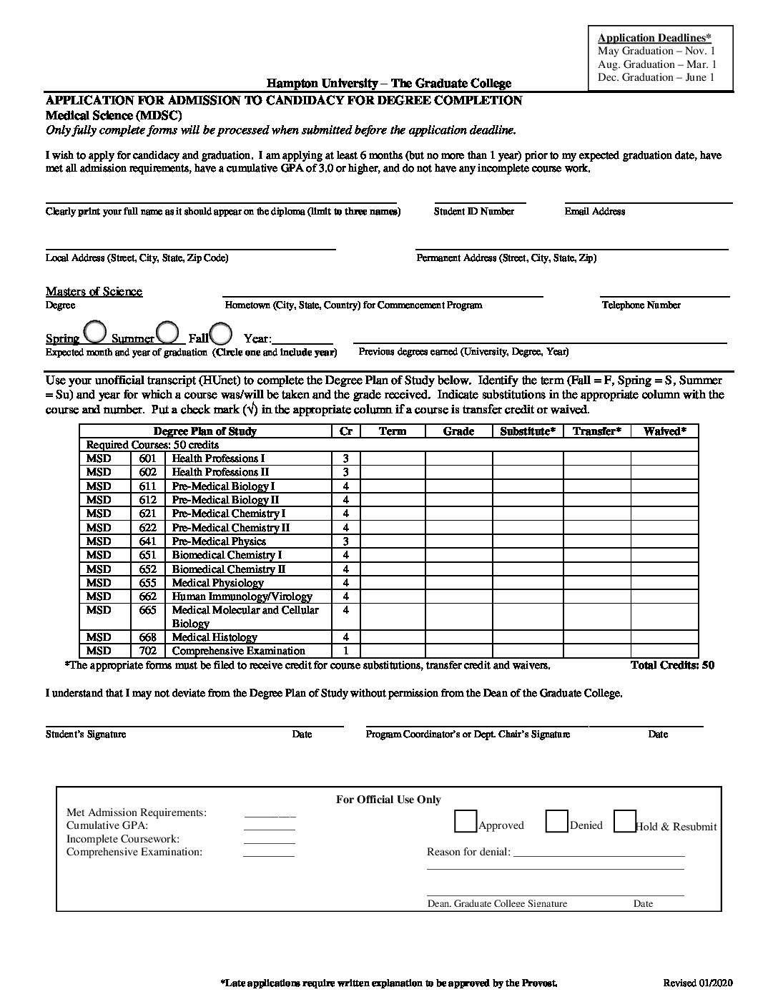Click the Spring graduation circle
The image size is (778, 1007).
click(x=95, y=332)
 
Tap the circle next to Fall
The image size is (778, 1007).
click(x=221, y=333)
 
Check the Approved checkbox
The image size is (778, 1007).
click(x=466, y=821)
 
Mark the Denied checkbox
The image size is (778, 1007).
click(x=556, y=821)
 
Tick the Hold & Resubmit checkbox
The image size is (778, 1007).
click(x=625, y=821)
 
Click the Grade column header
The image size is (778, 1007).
click(x=458, y=431)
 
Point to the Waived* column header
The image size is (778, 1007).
click(x=664, y=431)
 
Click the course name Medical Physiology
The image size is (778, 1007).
click(x=217, y=583)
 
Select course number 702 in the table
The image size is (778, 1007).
click(x=147, y=651)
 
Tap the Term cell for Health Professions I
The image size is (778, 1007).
click(x=392, y=458)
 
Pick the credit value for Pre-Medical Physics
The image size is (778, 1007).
click(x=345, y=541)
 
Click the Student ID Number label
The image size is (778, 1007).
click(x=473, y=211)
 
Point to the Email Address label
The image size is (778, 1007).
click(x=594, y=211)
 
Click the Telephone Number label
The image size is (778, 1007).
click(x=641, y=305)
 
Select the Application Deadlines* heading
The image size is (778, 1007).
click(x=654, y=38)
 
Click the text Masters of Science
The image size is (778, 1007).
click(x=94, y=291)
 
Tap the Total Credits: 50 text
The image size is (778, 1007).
click(x=672, y=665)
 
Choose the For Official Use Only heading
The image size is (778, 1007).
click(x=388, y=800)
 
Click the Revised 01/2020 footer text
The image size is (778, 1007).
click(x=698, y=983)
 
